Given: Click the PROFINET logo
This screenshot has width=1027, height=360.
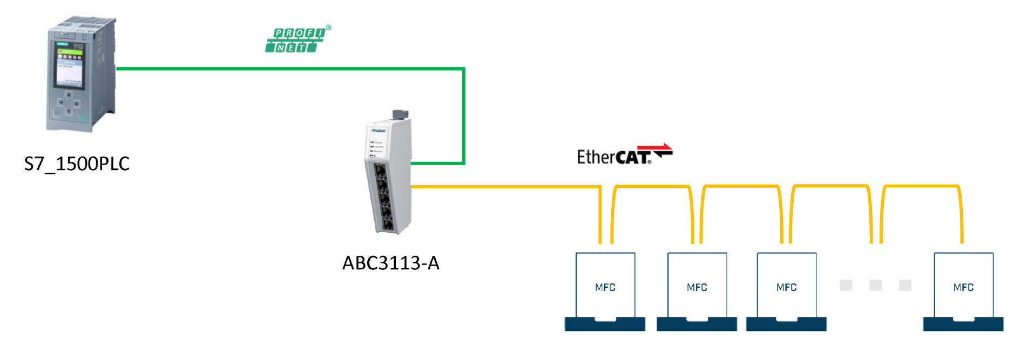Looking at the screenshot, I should [x=297, y=40].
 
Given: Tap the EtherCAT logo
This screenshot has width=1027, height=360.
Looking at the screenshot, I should [x=624, y=155].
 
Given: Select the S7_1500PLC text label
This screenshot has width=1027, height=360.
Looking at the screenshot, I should [x=77, y=164].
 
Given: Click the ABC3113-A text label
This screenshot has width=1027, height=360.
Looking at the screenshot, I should [x=391, y=263].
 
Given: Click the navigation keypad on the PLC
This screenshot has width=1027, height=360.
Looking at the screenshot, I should [x=69, y=103].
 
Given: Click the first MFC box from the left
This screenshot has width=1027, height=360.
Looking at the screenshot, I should [x=605, y=286].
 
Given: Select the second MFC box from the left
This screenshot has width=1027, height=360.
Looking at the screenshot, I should [x=697, y=286].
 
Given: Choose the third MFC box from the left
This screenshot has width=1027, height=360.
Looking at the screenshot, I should [x=786, y=286].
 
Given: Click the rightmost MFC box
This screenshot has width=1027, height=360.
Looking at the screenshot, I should [x=963, y=286].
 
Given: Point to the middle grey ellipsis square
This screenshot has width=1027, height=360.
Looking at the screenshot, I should [x=875, y=285].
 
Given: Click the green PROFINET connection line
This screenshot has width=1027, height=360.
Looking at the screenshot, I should [x=292, y=69].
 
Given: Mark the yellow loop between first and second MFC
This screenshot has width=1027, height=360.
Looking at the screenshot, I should [x=652, y=187].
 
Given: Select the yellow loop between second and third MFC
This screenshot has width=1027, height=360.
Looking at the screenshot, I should [x=741, y=187].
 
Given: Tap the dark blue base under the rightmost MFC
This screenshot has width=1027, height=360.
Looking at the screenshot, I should [x=963, y=324].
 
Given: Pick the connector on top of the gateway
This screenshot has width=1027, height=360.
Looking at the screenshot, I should [x=400, y=114].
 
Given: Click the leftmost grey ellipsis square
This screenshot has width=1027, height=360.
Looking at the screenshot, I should [x=846, y=285].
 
